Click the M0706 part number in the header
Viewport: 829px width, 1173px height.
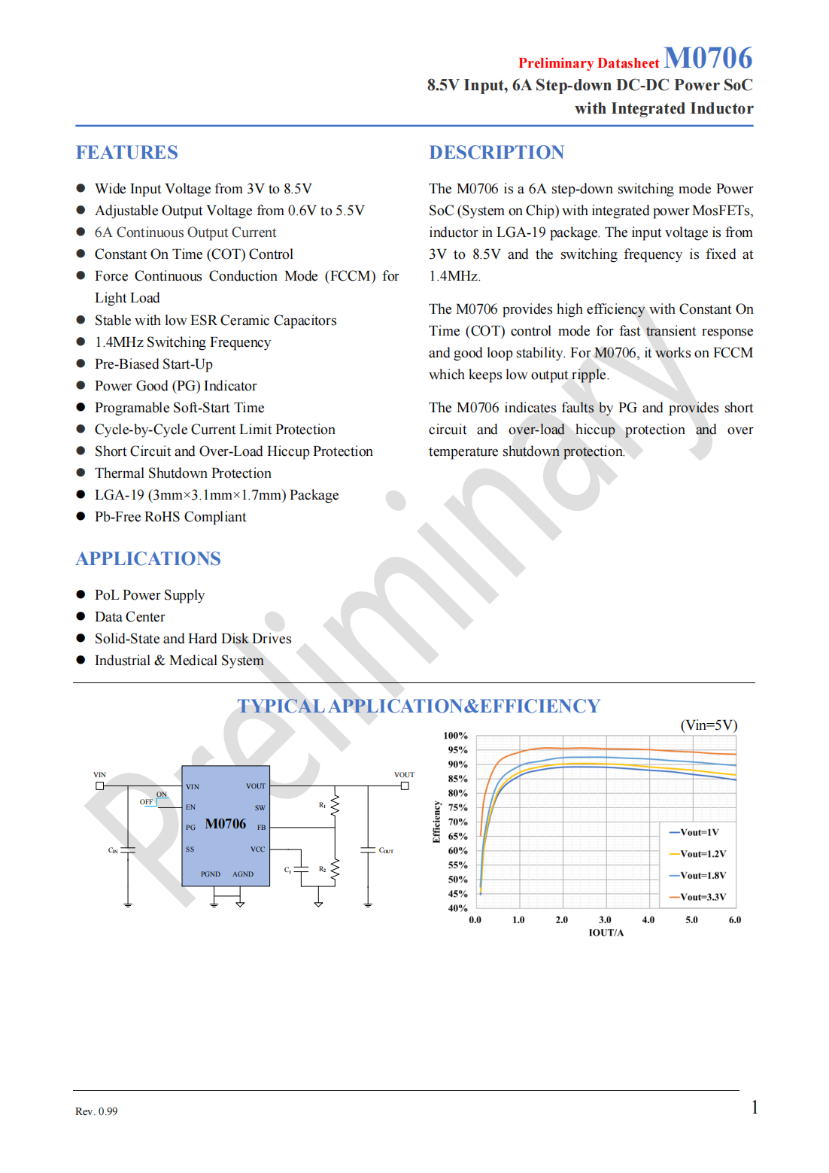tap(707, 58)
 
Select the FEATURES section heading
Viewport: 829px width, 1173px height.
tap(126, 153)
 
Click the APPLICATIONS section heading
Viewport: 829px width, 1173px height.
tap(148, 559)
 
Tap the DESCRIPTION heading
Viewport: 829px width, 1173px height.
tap(496, 153)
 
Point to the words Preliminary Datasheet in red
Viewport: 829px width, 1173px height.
tap(588, 63)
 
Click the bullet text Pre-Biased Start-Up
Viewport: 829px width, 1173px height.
tap(153, 364)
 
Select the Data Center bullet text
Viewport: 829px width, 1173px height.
tap(129, 617)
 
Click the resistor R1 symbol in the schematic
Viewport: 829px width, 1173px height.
tap(336, 806)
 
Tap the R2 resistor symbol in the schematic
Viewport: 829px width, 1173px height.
tap(336, 870)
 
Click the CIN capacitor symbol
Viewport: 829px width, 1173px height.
tap(128, 850)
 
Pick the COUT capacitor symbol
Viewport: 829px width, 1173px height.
tap(368, 850)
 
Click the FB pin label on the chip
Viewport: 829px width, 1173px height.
tap(261, 828)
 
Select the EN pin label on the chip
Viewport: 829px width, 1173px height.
tap(191, 807)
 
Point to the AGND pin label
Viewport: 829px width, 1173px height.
tap(243, 874)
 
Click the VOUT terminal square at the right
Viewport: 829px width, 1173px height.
tap(405, 786)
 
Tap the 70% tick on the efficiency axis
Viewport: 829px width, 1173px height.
tap(458, 822)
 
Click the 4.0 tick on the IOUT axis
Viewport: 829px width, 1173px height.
tap(648, 920)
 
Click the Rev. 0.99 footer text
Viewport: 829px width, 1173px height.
tap(96, 1111)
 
